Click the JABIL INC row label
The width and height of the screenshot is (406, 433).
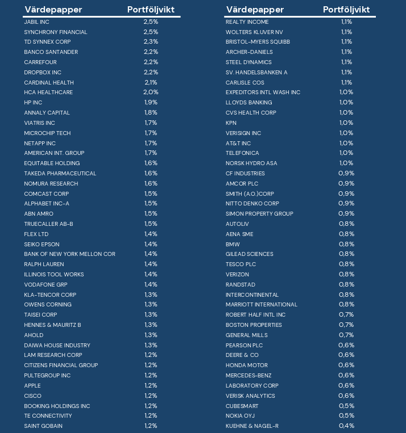(36, 22)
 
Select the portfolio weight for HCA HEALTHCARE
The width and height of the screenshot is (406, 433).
(151, 93)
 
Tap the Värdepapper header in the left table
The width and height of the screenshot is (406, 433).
(53, 10)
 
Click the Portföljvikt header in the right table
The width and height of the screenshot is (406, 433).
(346, 10)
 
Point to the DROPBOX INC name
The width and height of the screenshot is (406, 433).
(43, 73)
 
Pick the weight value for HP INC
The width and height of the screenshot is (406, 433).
(151, 103)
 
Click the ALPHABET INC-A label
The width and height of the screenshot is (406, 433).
(47, 204)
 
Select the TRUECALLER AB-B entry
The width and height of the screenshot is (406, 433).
(48, 224)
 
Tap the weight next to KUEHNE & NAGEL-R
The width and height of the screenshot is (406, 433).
(346, 426)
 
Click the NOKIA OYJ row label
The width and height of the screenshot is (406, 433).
(241, 416)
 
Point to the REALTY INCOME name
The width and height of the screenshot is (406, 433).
(247, 22)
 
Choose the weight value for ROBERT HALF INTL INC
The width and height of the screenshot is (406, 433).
(346, 315)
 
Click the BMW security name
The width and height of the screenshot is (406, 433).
(233, 244)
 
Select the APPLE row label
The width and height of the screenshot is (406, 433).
(32, 386)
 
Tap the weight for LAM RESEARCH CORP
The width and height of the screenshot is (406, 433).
(151, 355)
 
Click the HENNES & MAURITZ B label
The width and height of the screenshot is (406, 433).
(52, 325)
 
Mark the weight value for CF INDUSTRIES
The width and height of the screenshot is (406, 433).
(346, 173)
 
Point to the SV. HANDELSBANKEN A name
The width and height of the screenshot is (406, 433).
(256, 73)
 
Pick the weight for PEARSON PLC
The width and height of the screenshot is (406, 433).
(346, 345)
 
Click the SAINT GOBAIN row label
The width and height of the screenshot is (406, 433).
(43, 426)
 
